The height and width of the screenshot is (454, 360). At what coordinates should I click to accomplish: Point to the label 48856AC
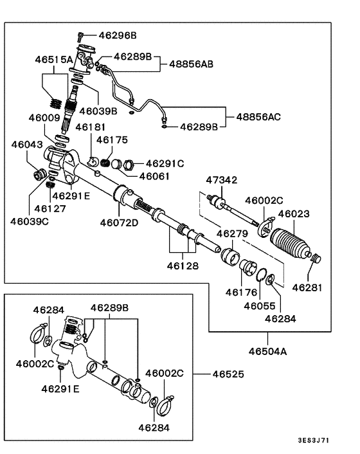(x=258, y=117)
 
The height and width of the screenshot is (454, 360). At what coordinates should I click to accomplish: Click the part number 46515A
(x=53, y=59)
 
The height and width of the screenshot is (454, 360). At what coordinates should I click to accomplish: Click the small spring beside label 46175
(x=106, y=154)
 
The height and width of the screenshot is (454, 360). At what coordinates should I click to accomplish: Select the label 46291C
(x=165, y=163)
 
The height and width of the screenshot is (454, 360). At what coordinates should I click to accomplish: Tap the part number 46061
(x=154, y=176)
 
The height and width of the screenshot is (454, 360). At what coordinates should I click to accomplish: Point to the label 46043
(x=27, y=145)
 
